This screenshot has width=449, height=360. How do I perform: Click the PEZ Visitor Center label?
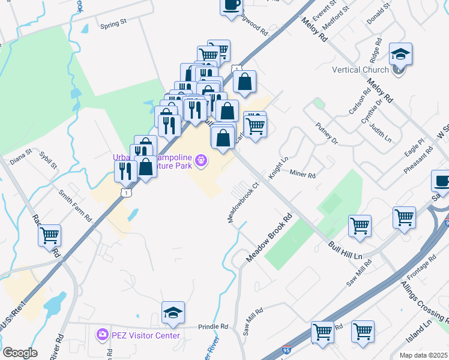146,335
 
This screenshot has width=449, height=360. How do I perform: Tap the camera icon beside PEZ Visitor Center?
103,334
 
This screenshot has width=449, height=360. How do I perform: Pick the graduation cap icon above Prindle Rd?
173,313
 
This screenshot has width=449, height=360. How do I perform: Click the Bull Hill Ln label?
346,249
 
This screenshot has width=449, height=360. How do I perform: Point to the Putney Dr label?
327,134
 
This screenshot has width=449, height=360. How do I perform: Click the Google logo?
20,352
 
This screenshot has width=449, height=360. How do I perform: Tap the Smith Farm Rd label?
75,205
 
